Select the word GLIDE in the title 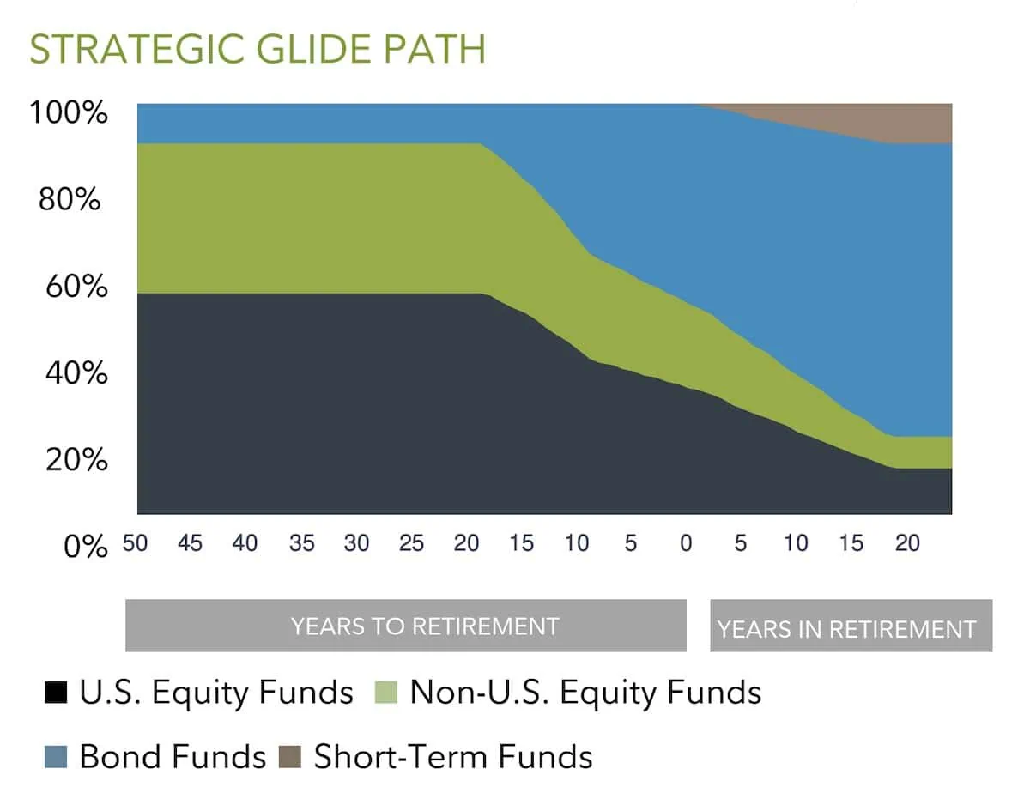(296, 49)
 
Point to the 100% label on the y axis (70, 112)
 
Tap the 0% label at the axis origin (86, 546)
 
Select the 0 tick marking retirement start (685, 543)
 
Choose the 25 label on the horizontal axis (411, 543)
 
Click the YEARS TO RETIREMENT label (424, 626)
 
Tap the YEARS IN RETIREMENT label (846, 629)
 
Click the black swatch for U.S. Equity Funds (56, 692)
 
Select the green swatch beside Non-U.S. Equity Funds (388, 692)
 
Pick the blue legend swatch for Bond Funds (56, 757)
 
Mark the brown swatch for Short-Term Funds (289, 757)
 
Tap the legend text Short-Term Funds (452, 757)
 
